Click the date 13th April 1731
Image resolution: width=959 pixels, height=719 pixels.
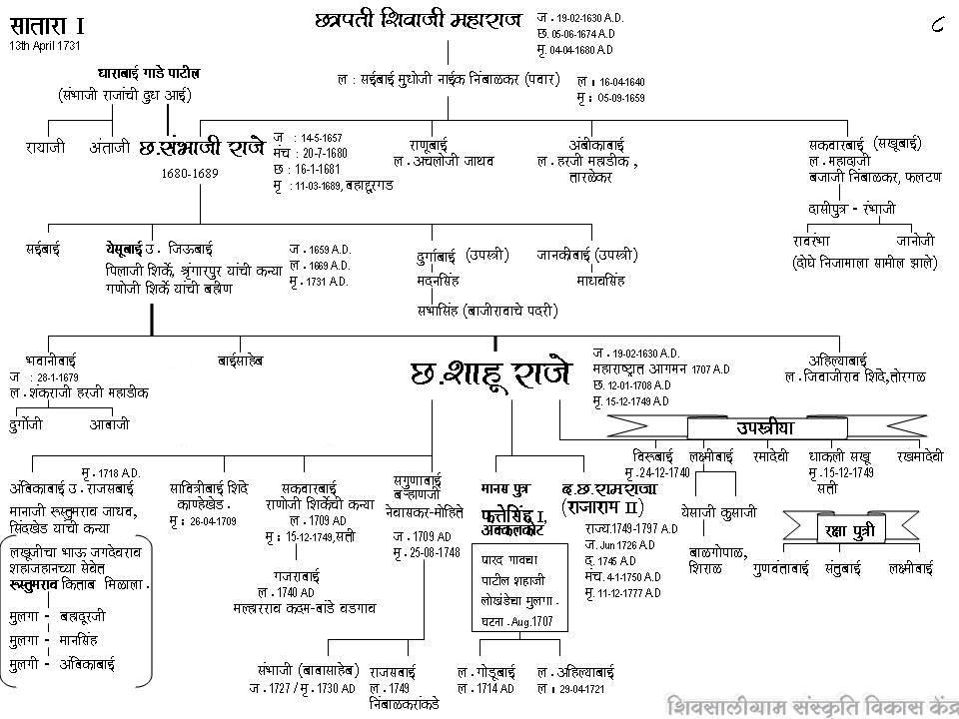[45, 46]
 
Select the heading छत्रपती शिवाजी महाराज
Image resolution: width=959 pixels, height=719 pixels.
[418, 20]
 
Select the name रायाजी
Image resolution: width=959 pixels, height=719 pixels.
[46, 147]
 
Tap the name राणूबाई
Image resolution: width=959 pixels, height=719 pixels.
[433, 144]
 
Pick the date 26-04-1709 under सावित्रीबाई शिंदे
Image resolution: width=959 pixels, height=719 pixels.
[214, 521]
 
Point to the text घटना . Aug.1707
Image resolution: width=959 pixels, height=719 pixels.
[516, 620]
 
